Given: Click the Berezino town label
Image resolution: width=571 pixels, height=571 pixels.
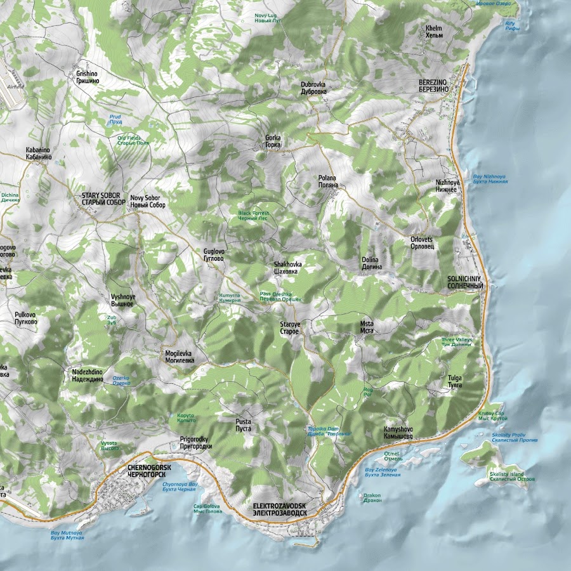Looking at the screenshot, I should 433,86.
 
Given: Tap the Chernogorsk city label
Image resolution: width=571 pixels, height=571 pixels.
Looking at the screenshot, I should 145,471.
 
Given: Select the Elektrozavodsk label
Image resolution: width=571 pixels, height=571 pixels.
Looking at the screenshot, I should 279,509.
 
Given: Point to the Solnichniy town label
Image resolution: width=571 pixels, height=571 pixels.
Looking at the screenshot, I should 465,282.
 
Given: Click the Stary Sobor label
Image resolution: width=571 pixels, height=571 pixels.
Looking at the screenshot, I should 103,199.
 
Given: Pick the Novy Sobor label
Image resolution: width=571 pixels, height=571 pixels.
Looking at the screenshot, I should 147,202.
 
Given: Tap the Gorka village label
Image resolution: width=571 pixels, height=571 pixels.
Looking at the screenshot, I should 273,141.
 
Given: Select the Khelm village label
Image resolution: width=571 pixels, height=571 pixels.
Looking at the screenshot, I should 434,32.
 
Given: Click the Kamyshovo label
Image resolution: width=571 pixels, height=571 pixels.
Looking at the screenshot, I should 398,433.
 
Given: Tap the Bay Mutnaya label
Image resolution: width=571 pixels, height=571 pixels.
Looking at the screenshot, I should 67,535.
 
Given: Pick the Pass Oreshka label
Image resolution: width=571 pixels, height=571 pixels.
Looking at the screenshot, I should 280,296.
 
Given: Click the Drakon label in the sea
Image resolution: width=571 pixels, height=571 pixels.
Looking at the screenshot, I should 372,498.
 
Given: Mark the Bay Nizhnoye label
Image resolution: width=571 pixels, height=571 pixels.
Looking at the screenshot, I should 490,179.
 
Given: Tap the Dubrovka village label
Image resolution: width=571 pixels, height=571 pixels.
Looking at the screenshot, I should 313,88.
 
